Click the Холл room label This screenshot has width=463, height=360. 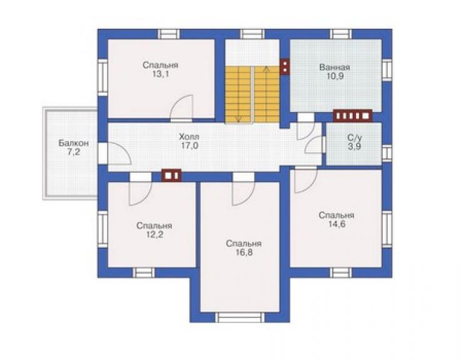[x=190, y=137]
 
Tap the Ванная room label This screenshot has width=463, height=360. [x=335, y=67]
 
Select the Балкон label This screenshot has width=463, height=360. [x=74, y=143]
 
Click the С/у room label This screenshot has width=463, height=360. [x=354, y=138]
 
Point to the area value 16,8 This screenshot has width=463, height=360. [x=244, y=253]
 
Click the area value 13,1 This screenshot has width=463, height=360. [x=160, y=74]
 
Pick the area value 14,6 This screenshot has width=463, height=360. [x=337, y=224]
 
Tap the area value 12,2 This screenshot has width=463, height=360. [x=155, y=235]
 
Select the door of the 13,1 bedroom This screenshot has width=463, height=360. [x=181, y=108]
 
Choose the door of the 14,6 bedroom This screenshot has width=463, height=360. [x=306, y=180]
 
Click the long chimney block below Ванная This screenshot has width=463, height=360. [x=352, y=116]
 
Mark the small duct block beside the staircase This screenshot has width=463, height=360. [x=285, y=67]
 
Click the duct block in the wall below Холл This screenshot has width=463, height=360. [x=171, y=175]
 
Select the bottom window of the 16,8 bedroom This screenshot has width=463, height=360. [x=240, y=317]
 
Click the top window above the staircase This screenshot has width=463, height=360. [x=252, y=34]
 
